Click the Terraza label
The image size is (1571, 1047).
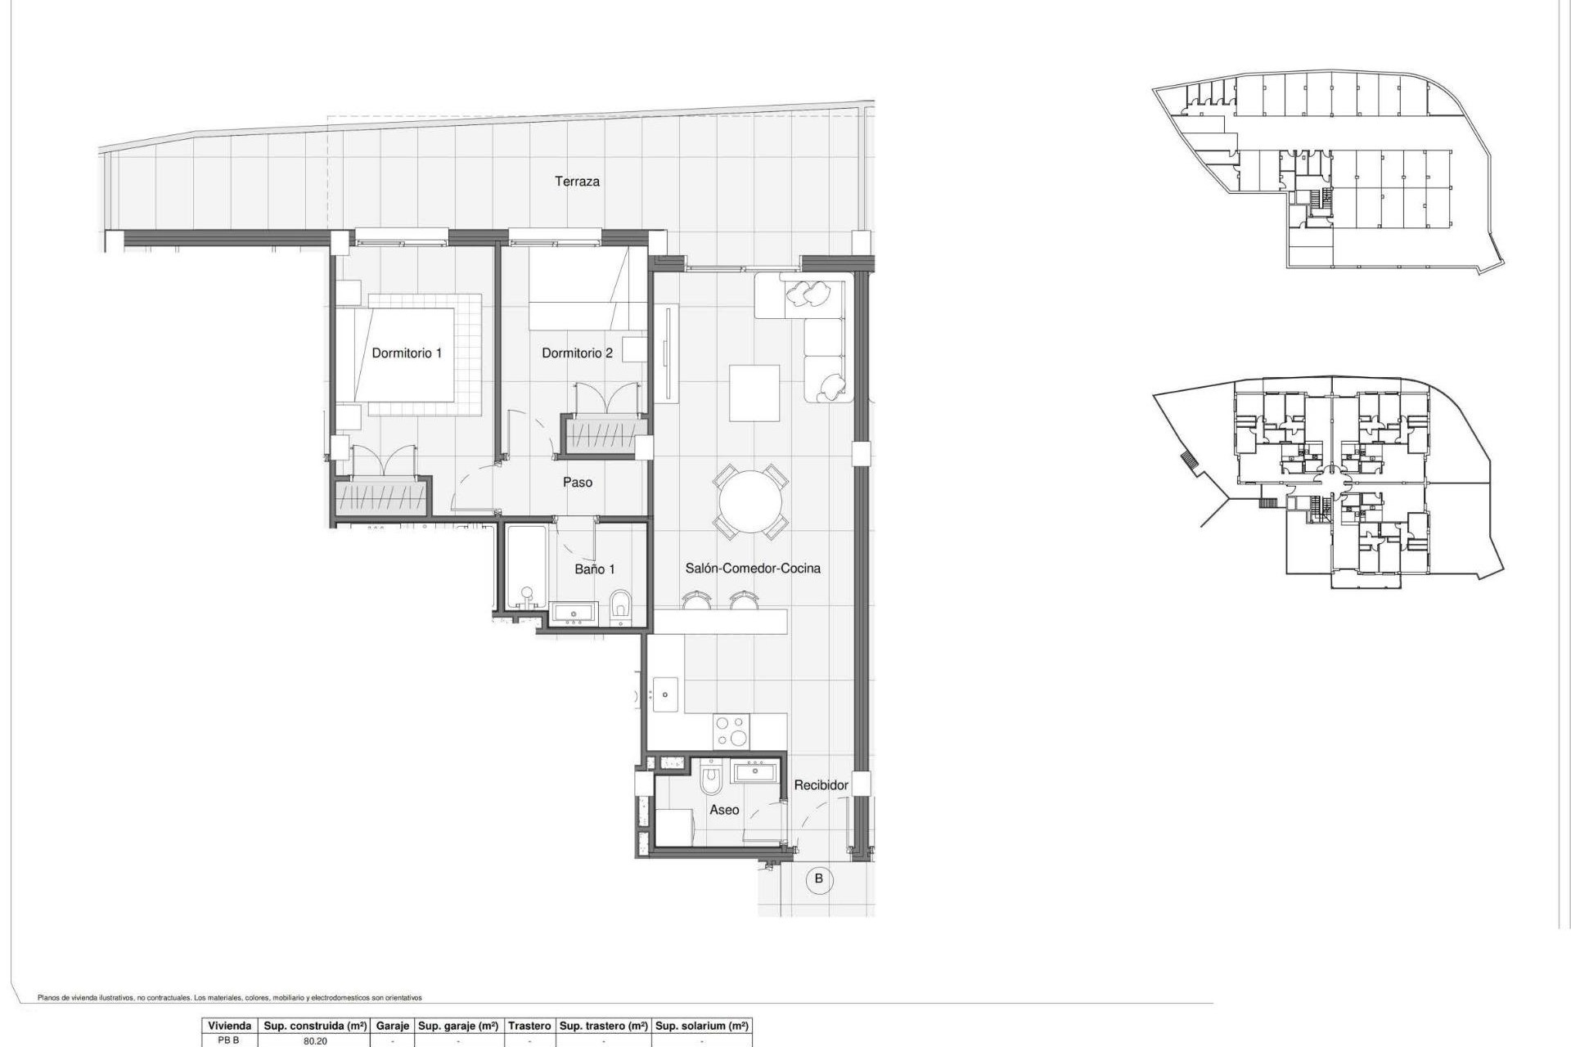pyautogui.click(x=577, y=182)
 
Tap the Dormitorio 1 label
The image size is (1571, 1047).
pyautogui.click(x=407, y=353)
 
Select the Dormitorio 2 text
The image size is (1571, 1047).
pyautogui.click(x=577, y=353)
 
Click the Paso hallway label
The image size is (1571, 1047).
pyautogui.click(x=577, y=483)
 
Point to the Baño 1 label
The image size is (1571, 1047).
pyautogui.click(x=594, y=569)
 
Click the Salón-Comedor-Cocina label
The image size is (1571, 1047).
pyautogui.click(x=753, y=568)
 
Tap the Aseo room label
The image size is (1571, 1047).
pyautogui.click(x=724, y=810)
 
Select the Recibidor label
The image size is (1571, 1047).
pyautogui.click(x=821, y=785)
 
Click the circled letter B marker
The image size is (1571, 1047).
pyautogui.click(x=818, y=880)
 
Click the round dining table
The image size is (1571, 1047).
pyautogui.click(x=751, y=501)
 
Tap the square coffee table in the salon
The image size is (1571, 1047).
pyautogui.click(x=754, y=393)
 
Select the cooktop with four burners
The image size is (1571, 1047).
pyautogui.click(x=731, y=730)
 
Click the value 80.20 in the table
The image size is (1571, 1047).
pyautogui.click(x=315, y=1041)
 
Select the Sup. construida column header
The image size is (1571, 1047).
pyautogui.click(x=315, y=1026)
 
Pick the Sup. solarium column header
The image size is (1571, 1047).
pyautogui.click(x=702, y=1026)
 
